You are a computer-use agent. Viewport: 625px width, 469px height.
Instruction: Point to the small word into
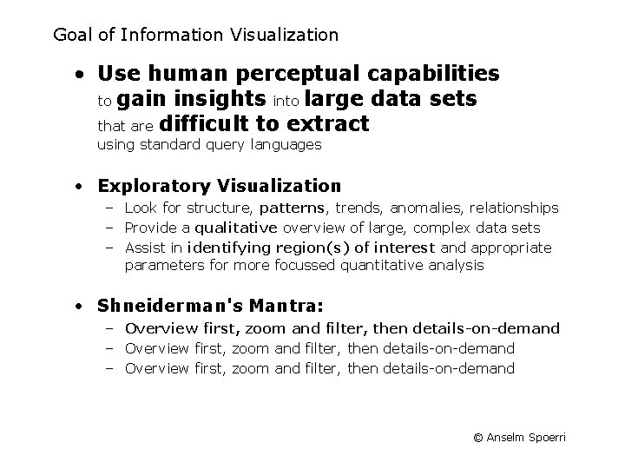(x=288, y=101)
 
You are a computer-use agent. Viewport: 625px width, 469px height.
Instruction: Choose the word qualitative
(x=236, y=228)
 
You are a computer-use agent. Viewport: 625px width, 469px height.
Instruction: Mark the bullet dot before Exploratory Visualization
(x=79, y=186)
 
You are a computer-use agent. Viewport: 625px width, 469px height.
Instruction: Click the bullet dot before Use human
(x=79, y=73)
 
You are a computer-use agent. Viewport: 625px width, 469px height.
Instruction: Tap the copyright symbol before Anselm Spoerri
(x=477, y=438)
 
